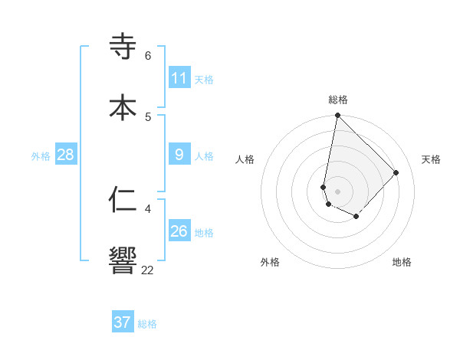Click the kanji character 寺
tap(123, 47)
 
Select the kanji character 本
tap(123, 106)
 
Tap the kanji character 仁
tap(123, 199)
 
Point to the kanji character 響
tap(123, 260)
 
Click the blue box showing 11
tap(179, 78)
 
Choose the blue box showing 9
tap(179, 155)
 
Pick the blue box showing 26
tap(179, 231)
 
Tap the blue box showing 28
tap(65, 155)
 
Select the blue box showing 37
tap(123, 322)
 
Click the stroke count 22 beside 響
tap(148, 270)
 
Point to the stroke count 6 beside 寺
tap(148, 56)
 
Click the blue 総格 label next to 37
tap(147, 324)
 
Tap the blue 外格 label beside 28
tap(41, 156)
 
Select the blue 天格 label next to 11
tap(204, 80)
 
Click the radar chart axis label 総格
tap(338, 100)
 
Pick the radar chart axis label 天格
tap(431, 159)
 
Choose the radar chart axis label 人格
tap(245, 159)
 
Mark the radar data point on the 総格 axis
tap(337, 116)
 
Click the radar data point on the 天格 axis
tap(396, 172)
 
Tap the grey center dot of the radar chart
tap(337, 191)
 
